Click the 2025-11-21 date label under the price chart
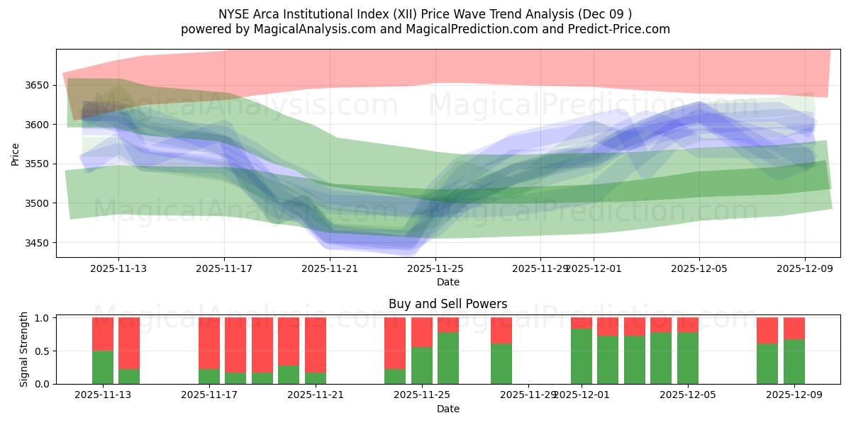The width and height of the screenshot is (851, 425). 330,268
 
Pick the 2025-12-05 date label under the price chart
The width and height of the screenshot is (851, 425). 699,268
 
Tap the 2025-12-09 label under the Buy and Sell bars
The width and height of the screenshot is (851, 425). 794,395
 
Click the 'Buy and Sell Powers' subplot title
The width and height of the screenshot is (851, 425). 447,304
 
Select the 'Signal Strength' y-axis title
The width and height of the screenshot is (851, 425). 23,349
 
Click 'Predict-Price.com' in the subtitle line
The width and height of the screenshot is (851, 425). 621,29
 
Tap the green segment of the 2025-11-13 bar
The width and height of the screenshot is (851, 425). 103,367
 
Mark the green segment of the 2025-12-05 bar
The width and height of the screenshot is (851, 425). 688,358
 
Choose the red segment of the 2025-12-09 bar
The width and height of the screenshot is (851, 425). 794,328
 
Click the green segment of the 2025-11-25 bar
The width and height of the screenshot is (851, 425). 422,365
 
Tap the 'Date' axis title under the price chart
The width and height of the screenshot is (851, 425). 447,282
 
